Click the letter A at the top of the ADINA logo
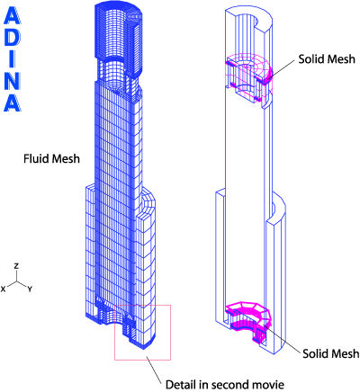click(12, 15)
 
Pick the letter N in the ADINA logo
click(12, 80)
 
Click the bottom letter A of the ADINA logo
click(12, 102)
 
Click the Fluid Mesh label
click(51, 158)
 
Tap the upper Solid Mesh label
click(327, 59)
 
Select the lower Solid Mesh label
click(330, 353)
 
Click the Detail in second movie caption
click(225, 384)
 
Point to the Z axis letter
click(17, 266)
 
